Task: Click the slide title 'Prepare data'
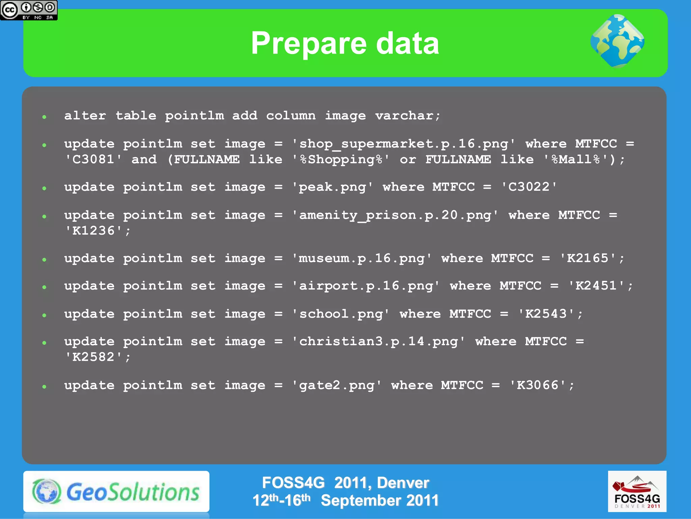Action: point(345,43)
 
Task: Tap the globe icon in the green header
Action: point(617,41)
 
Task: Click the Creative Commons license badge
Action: point(29,10)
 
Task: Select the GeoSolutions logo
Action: point(116,492)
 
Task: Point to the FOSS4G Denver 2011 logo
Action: point(637,491)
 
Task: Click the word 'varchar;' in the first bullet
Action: point(408,116)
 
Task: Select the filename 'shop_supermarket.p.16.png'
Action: point(404,144)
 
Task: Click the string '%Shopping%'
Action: point(341,159)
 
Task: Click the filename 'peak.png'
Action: point(332,187)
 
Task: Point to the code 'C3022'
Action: point(529,187)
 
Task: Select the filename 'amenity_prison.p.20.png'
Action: point(395,215)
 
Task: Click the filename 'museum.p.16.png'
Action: point(361,259)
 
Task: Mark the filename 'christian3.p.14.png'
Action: point(379,342)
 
